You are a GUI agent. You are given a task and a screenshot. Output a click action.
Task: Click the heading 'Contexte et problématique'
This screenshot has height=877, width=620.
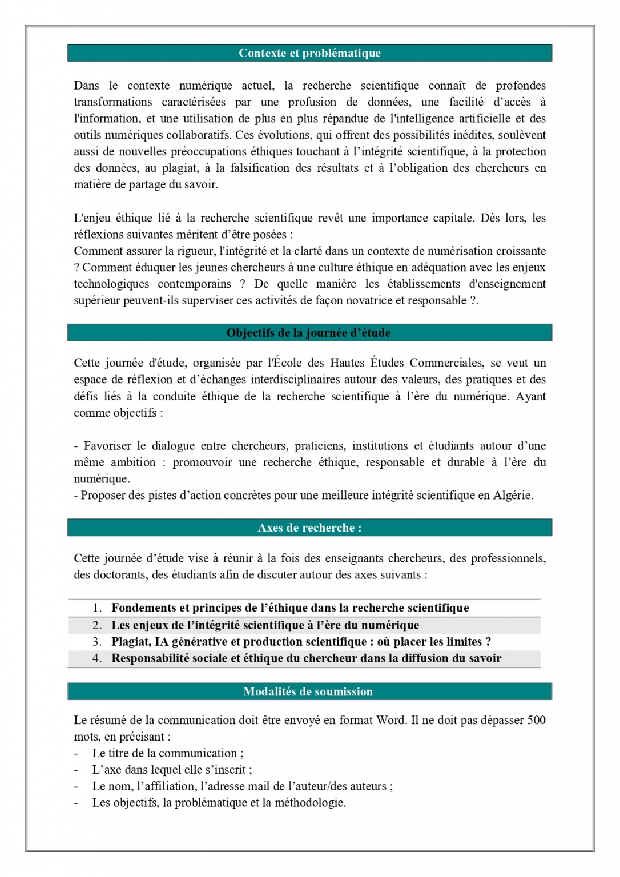309,53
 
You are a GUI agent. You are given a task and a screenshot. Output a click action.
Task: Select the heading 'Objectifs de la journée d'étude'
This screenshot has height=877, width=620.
308,333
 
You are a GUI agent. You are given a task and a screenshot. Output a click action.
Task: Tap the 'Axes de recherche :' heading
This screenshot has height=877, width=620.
309,528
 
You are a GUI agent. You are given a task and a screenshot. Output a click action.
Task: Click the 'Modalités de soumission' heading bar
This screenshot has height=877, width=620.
308,691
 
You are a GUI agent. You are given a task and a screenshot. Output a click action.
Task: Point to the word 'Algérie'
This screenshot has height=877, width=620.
513,496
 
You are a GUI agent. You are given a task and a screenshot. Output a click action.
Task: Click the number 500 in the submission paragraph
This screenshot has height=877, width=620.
536,720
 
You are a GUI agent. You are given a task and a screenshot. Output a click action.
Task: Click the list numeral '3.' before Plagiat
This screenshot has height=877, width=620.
97,642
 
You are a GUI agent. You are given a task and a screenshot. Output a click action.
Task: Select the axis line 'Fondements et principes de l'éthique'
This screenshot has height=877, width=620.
290,608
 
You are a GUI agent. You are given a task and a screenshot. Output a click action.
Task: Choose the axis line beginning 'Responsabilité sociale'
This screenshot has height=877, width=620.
306,658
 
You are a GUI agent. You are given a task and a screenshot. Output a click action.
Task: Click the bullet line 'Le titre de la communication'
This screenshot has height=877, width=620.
167,753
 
